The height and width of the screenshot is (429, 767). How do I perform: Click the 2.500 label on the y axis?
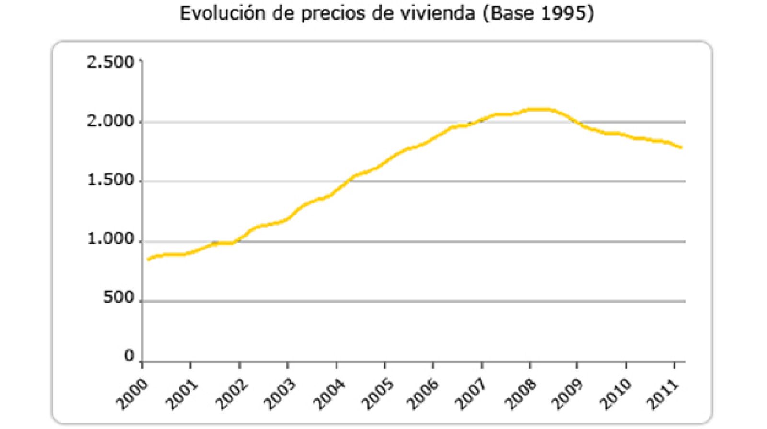110,62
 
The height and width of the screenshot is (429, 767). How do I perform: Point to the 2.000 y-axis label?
110,122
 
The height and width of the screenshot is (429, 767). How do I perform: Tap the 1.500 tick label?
110,181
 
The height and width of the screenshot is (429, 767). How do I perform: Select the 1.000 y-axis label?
110,239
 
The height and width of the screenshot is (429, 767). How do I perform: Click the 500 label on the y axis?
118,298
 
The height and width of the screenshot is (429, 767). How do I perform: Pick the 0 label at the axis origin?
128,356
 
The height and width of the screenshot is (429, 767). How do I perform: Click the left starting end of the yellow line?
148,259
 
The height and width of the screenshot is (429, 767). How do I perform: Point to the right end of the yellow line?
681,147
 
